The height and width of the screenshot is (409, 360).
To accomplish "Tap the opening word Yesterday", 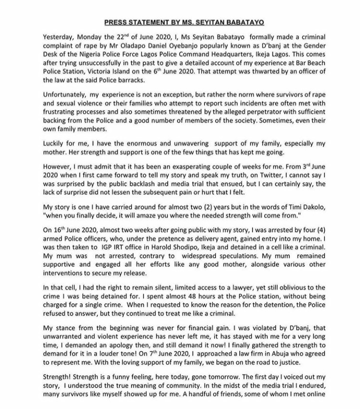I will tap(60, 37).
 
